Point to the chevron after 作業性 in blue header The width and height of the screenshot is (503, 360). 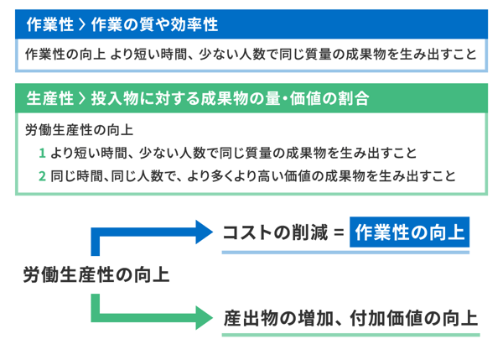coord(80,23)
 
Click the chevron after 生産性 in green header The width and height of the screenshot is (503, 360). coord(80,98)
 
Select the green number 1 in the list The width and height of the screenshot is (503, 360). coord(41,154)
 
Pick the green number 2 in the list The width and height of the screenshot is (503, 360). coord(41,176)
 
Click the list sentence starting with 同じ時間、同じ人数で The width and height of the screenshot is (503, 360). coord(252,176)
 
